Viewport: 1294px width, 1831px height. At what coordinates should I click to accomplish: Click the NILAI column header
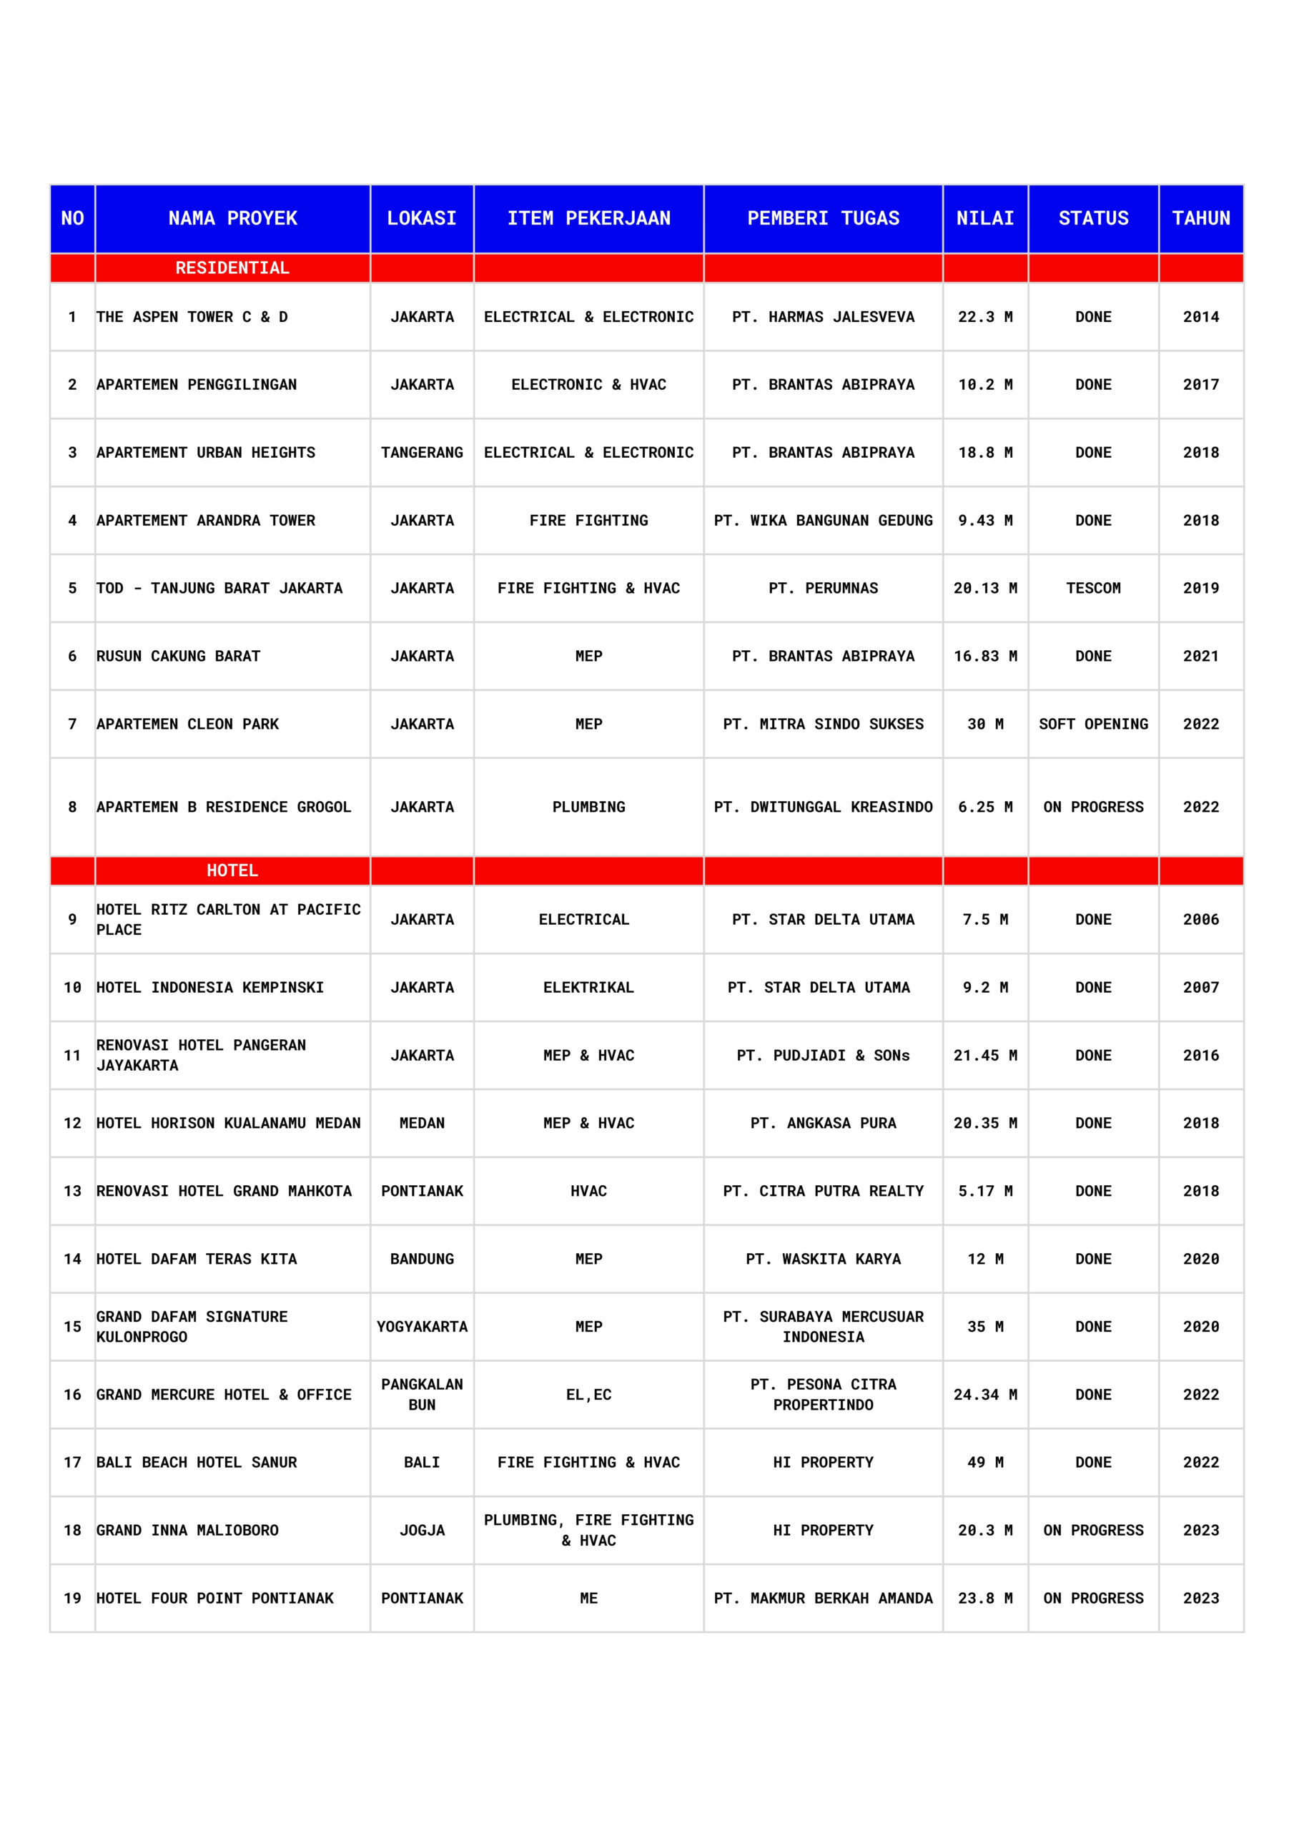pyautogui.click(x=984, y=219)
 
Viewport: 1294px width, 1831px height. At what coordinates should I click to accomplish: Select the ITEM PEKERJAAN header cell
pyautogui.click(x=588, y=219)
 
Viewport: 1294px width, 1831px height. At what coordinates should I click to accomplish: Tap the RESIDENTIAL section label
pyautogui.click(x=232, y=268)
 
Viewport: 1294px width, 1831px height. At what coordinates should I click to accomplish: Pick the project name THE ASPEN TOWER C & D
pyautogui.click(x=192, y=317)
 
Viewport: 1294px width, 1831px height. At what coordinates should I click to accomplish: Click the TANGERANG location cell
pyautogui.click(x=422, y=452)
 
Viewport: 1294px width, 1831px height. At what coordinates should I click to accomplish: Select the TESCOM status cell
pyautogui.click(x=1092, y=588)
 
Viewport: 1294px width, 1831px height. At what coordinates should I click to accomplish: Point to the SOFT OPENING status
pyautogui.click(x=1092, y=723)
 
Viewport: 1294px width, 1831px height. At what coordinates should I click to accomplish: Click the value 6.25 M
pyautogui.click(x=984, y=806)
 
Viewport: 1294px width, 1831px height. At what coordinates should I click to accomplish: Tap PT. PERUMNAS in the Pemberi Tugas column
pyautogui.click(x=823, y=588)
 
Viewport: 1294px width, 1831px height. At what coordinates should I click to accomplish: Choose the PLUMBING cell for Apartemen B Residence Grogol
pyautogui.click(x=588, y=806)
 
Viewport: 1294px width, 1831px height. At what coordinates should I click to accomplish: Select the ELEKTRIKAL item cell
pyautogui.click(x=588, y=986)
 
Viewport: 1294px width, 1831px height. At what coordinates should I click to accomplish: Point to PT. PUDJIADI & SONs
pyautogui.click(x=823, y=1054)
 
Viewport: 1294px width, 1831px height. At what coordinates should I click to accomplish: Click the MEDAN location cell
pyautogui.click(x=422, y=1122)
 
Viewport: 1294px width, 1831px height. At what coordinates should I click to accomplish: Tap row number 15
pyautogui.click(x=72, y=1326)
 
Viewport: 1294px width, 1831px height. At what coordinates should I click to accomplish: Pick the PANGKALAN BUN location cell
pyautogui.click(x=422, y=1394)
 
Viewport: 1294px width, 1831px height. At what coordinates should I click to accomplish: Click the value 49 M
pyautogui.click(x=984, y=1462)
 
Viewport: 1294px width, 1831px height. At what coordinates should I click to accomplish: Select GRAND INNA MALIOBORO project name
pyautogui.click(x=187, y=1530)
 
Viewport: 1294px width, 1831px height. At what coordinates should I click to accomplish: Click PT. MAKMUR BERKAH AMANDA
pyautogui.click(x=823, y=1597)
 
